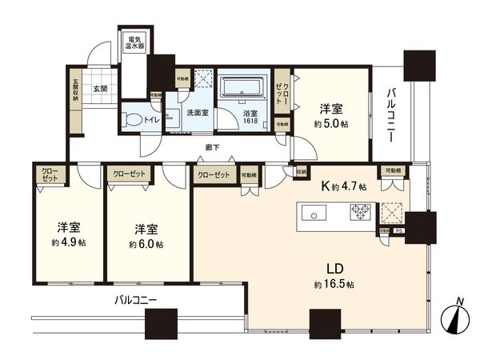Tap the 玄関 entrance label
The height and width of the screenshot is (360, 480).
100,89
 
